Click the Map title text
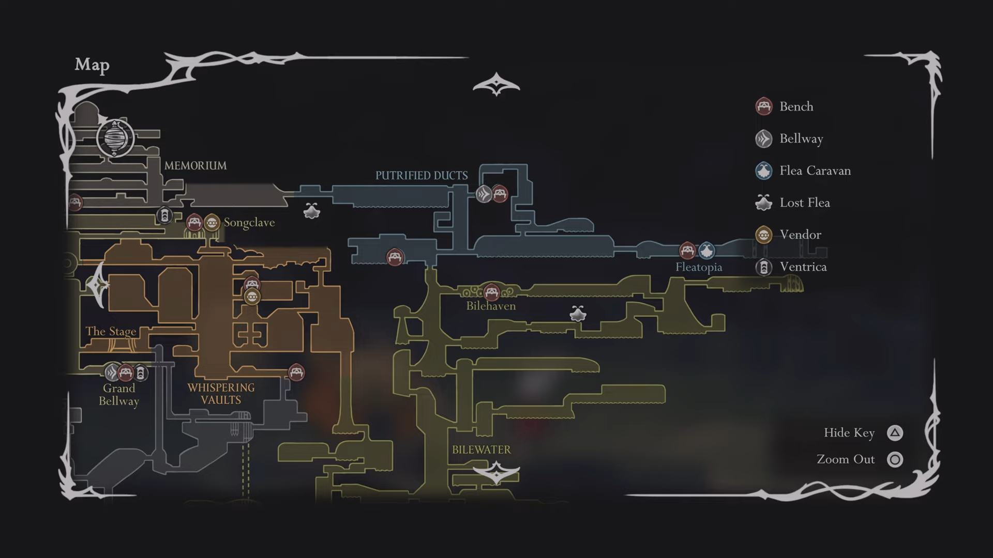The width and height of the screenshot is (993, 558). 92,65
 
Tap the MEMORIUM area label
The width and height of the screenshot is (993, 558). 195,166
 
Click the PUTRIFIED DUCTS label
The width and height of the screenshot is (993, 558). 421,176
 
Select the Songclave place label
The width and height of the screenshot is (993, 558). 249,223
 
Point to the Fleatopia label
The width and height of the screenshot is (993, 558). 698,268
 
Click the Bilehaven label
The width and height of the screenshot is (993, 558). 491,306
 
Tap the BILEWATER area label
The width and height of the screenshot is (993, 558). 481,450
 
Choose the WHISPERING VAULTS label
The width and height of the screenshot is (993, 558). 221,394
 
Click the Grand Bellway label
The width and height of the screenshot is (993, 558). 119,395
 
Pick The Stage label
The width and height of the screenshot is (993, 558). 111,331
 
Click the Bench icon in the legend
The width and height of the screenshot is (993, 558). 764,106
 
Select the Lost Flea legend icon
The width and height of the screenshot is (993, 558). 764,203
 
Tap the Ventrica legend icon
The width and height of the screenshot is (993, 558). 764,267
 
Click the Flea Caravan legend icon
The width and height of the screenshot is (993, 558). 764,171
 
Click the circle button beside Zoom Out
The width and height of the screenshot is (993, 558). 895,459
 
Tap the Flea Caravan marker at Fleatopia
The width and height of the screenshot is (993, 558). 706,251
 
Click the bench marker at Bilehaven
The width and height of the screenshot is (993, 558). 491,292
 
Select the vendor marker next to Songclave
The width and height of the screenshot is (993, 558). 212,223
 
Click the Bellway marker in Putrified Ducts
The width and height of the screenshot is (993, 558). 484,194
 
